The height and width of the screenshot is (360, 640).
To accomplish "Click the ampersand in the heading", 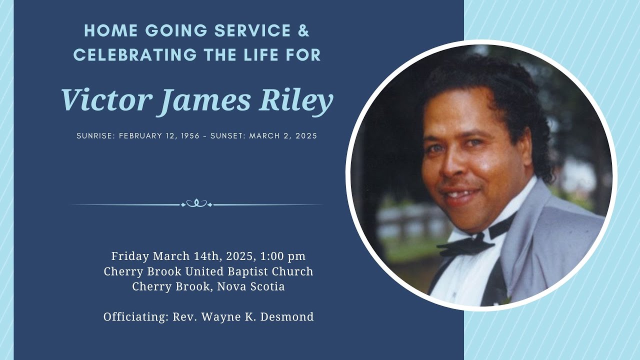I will click(303, 30).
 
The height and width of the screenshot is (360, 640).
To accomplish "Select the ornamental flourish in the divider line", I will click(196, 203).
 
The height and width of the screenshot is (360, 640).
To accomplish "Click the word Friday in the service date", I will click(130, 256).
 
